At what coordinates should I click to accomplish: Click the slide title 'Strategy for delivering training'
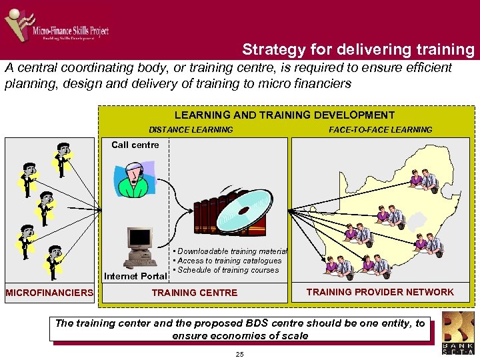358,49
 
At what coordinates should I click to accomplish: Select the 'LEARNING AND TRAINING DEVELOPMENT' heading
284,115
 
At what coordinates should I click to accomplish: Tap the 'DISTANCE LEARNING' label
191,130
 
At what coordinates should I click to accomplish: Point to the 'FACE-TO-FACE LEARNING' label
380,130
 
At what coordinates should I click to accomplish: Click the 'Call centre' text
135,145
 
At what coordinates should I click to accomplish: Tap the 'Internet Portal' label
135,276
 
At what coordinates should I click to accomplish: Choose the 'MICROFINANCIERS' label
49,293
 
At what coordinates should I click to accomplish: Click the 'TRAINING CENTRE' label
194,293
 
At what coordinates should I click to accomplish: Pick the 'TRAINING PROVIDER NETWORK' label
380,292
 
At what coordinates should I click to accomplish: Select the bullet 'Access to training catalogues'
229,261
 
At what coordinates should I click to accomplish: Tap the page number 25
240,353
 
